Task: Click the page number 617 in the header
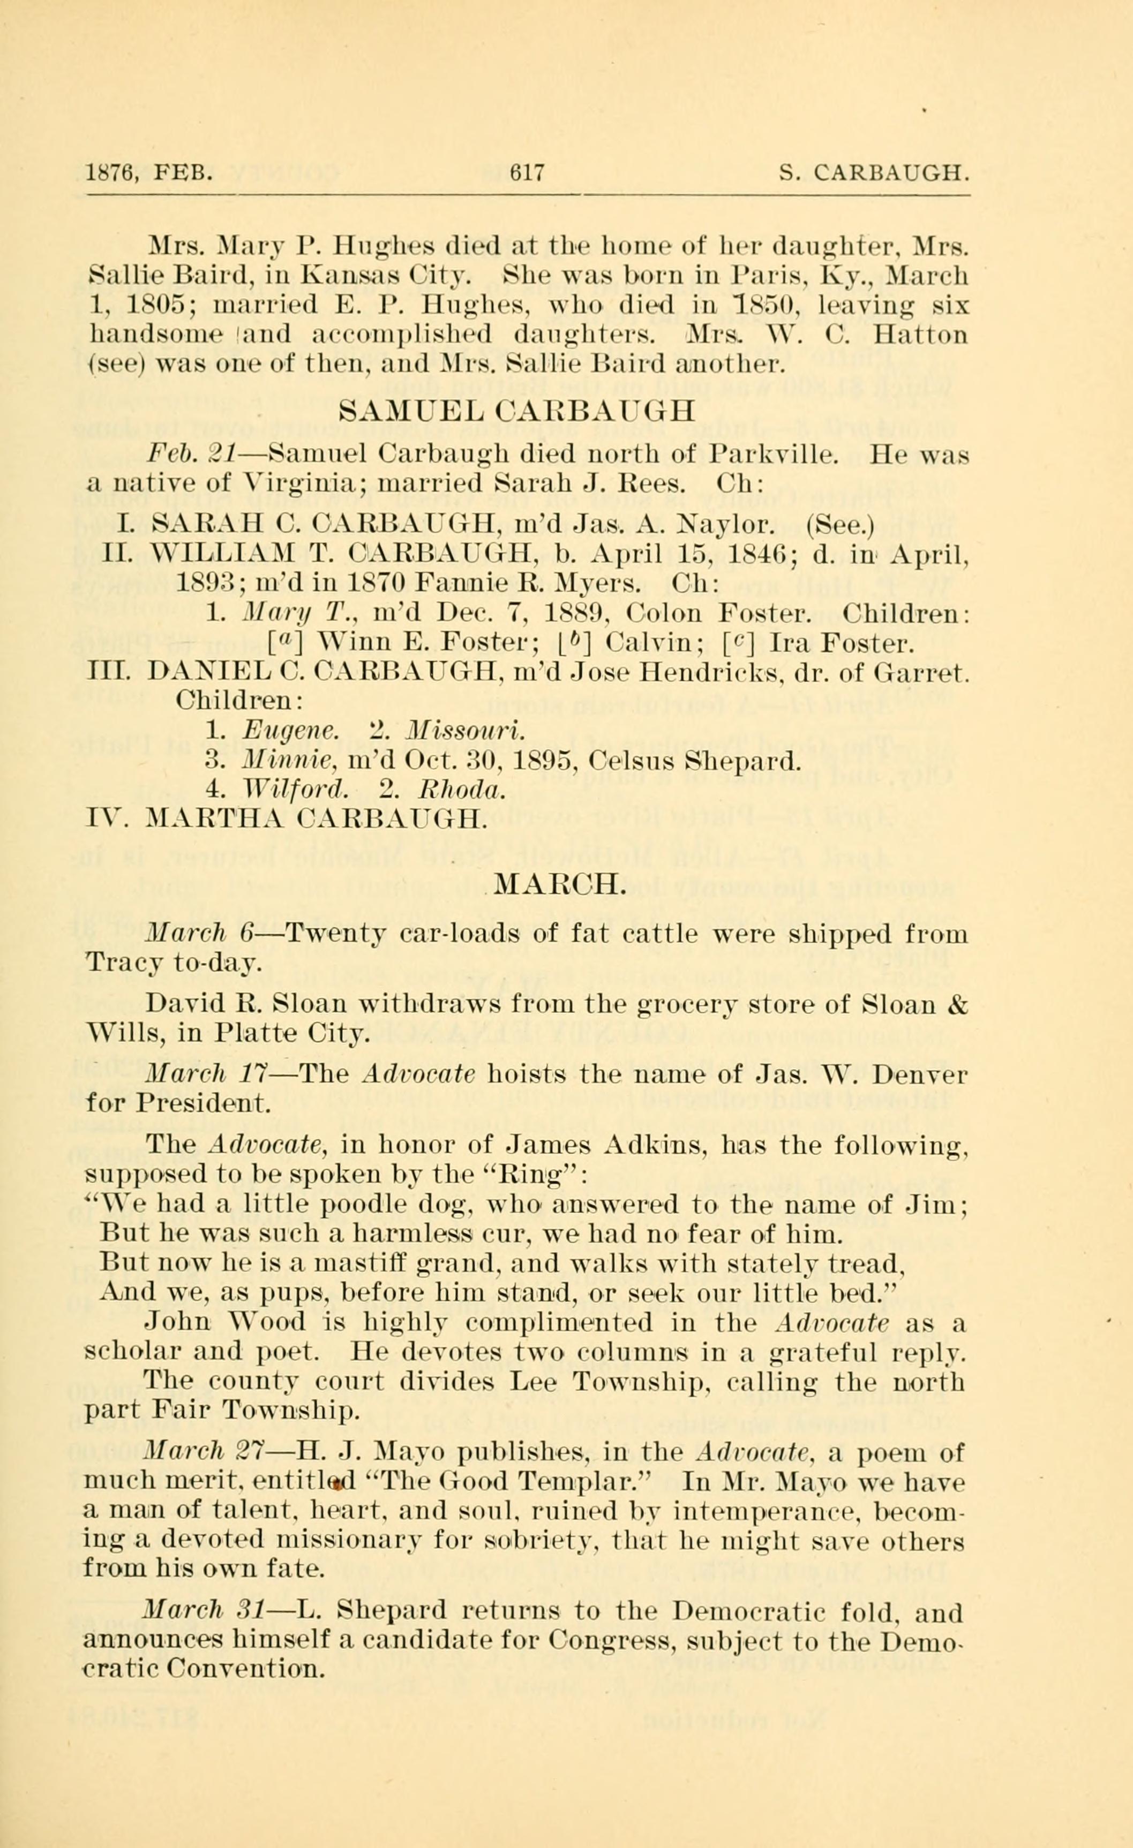526,175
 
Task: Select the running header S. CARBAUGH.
874,175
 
